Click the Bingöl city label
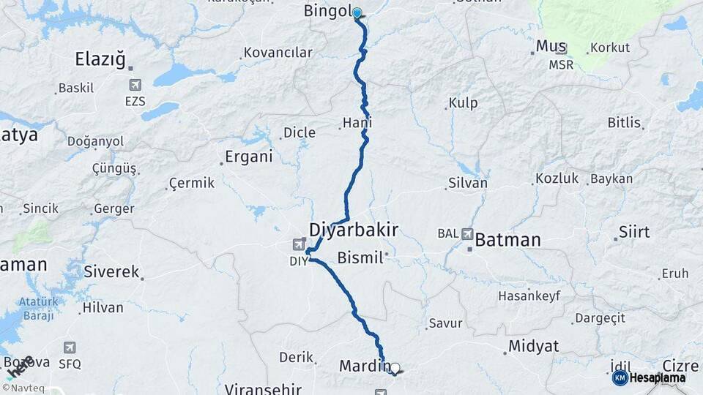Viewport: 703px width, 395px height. coord(328,11)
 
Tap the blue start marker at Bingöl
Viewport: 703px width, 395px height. coord(357,12)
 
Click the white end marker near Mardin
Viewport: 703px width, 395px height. coord(395,368)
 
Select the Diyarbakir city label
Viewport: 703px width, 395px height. coord(354,230)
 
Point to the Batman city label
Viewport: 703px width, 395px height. coord(507,239)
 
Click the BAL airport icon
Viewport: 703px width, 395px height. coord(467,234)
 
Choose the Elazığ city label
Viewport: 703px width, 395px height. coord(101,59)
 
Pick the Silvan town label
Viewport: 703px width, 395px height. coord(466,183)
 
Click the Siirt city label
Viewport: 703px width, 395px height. coord(633,232)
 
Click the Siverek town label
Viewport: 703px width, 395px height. coord(111,271)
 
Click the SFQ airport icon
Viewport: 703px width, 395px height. coord(70,348)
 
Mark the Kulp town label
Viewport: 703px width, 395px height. coord(462,103)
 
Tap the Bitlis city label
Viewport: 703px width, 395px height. coord(624,122)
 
